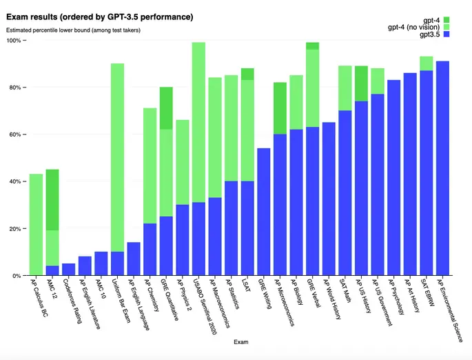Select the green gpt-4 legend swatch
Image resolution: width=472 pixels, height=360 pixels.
pos(447,19)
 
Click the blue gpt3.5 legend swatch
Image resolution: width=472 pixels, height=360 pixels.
pos(447,34)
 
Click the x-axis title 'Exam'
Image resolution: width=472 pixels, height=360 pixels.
pos(241,342)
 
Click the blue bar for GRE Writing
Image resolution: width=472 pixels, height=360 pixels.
pos(263,211)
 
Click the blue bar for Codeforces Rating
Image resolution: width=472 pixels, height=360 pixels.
pos(69,269)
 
